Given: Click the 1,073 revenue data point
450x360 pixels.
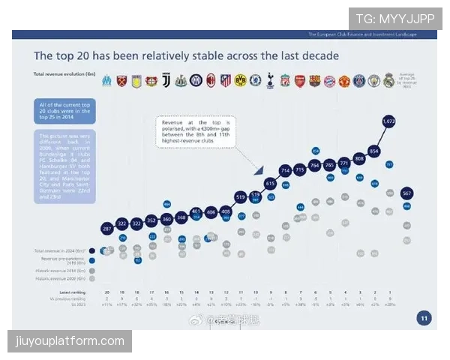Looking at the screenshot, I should pyautogui.click(x=388, y=121).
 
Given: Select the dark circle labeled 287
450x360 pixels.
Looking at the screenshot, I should pyautogui.click(x=106, y=228).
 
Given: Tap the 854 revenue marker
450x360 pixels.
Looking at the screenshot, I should pyautogui.click(x=374, y=150).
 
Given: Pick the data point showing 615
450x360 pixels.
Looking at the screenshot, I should pyautogui.click(x=270, y=184).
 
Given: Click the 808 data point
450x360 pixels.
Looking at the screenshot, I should pyautogui.click(x=359, y=158).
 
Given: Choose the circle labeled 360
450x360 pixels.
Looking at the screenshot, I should pyautogui.click(x=166, y=220).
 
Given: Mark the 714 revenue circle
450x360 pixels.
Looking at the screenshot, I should pyautogui.click(x=285, y=171).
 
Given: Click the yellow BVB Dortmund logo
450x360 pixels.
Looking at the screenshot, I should pyautogui.click(x=240, y=80).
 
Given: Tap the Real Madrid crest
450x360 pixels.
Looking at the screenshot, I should pyautogui.click(x=388, y=80).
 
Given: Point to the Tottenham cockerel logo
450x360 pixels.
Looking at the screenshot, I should pyautogui.click(x=270, y=80).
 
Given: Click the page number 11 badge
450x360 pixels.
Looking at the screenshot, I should pyautogui.click(x=424, y=319).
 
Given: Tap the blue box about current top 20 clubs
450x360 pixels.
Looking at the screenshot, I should pyautogui.click(x=64, y=112).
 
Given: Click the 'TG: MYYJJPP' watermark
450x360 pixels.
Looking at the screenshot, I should pyautogui.click(x=394, y=19).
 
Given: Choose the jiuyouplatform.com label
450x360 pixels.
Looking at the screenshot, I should pyautogui.click(x=71, y=341).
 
